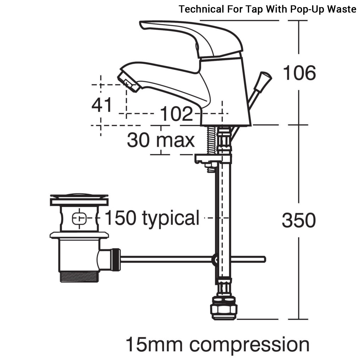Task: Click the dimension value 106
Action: coord(299,73)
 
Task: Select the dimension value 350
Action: coord(299,220)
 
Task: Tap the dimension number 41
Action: coord(102,105)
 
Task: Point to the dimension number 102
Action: coord(176,114)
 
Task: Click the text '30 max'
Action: coord(161,140)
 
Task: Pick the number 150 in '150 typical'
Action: coord(121,217)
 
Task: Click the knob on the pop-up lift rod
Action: coord(265,77)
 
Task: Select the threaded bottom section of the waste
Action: coord(78,276)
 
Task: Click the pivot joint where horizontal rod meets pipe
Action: coord(215,260)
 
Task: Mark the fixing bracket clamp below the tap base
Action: coord(213,159)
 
